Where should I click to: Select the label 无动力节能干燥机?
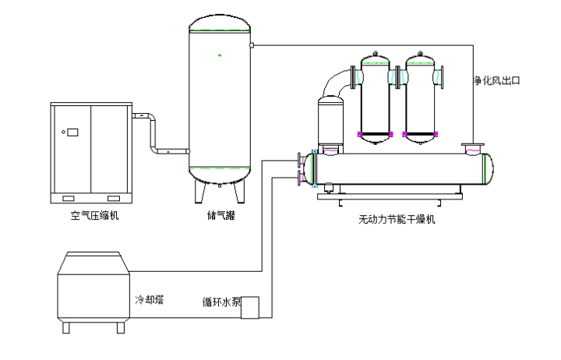[396, 219]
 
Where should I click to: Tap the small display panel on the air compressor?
[73, 132]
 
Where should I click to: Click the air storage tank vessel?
[221, 101]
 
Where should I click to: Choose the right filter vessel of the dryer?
[422, 97]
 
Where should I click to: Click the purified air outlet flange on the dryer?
[472, 146]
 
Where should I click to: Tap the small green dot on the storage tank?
[221, 55]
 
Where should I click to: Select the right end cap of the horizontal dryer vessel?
[487, 168]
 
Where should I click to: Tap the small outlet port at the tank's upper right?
[252, 44]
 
